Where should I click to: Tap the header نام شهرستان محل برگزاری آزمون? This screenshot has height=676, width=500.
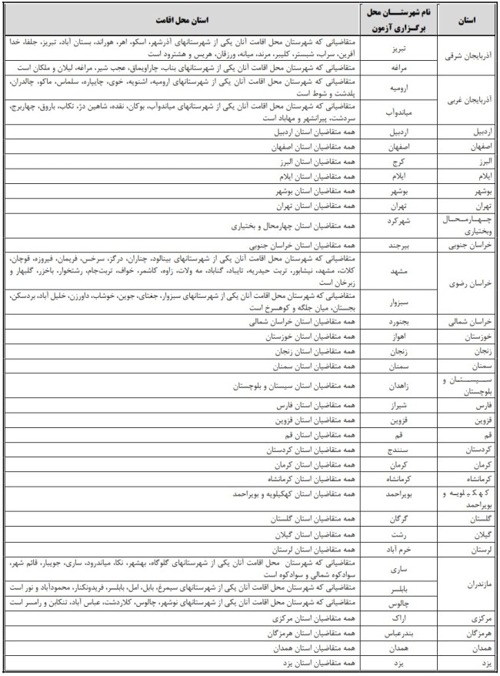tap(400, 19)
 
